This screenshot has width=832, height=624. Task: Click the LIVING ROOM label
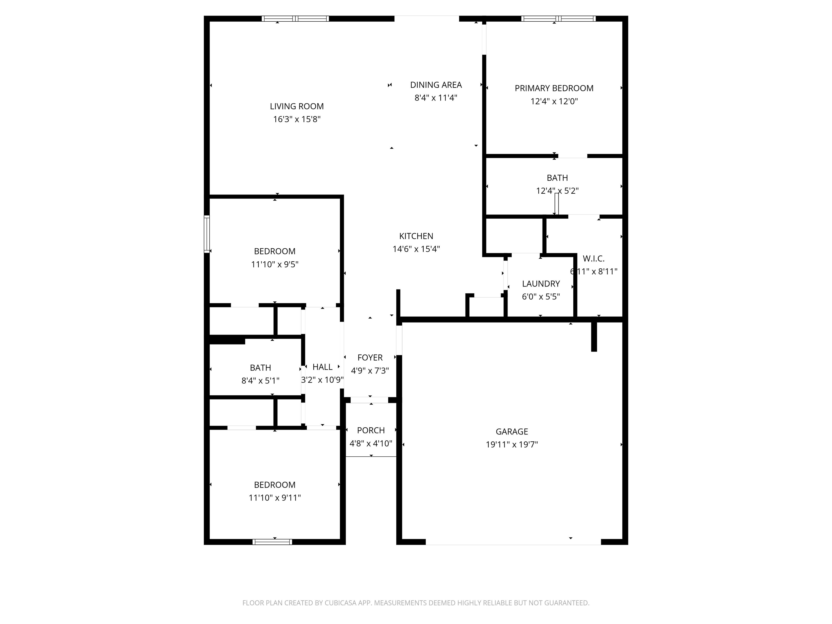coord(297,106)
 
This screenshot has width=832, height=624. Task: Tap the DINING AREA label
coord(436,85)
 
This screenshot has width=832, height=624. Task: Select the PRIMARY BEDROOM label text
coord(554,88)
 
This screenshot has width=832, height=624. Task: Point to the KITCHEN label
coord(416,236)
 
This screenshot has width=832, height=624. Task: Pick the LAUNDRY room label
coord(541,284)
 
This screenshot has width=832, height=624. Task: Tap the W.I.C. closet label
coord(594,259)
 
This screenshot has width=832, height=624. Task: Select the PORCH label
coord(371,430)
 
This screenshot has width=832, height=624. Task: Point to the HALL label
coord(322,367)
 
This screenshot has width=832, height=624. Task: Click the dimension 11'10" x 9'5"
coord(275,264)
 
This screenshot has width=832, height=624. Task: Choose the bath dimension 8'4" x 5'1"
coord(260,381)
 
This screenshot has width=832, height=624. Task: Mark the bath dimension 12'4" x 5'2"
coord(557,191)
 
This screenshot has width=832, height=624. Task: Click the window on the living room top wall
coord(295,18)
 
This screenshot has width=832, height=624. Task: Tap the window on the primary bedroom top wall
coord(558,18)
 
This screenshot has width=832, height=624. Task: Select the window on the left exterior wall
coord(206,234)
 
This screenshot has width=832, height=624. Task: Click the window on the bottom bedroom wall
coord(272,542)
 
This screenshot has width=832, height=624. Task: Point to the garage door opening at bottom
coord(513,542)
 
